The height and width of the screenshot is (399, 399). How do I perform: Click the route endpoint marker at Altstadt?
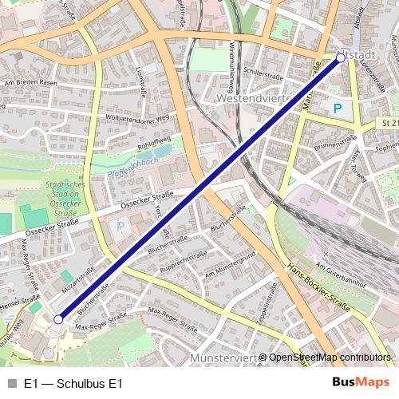(x=341, y=58)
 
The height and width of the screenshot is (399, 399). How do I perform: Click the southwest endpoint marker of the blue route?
(x=57, y=319)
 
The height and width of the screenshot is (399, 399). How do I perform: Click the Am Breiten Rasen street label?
(x=31, y=82)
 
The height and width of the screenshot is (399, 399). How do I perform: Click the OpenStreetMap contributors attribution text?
(x=329, y=358)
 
